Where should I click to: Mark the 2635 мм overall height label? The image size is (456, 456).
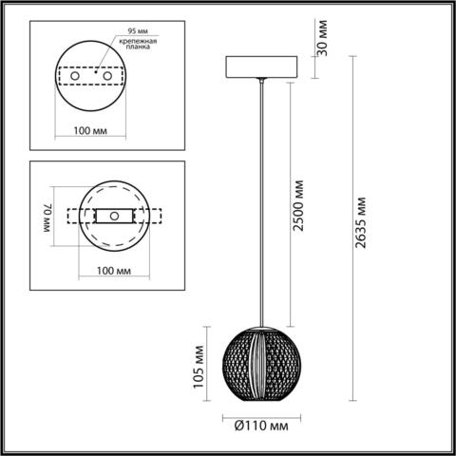click(359, 228)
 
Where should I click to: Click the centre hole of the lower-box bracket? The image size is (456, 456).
click(115, 216)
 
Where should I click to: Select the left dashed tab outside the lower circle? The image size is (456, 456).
click(75, 216)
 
